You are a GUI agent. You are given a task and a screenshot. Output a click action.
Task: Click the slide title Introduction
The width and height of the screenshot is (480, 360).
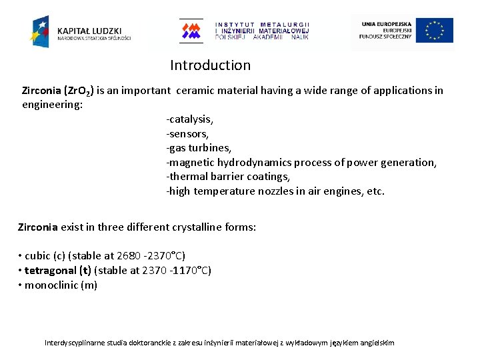tap(210, 65)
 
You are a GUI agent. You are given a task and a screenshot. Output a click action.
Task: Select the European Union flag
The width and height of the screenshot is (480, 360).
tap(435, 31)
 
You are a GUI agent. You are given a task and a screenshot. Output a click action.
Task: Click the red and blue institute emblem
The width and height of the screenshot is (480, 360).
tap(192, 31)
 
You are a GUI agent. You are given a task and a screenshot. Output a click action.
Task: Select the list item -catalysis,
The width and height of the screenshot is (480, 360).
tap(189, 119)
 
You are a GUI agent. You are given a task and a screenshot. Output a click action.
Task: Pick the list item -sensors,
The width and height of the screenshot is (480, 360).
tap(187, 133)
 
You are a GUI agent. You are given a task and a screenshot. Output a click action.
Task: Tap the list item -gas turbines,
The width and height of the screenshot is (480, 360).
tap(199, 148)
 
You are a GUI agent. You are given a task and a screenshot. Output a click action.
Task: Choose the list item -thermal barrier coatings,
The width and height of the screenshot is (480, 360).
tap(228, 177)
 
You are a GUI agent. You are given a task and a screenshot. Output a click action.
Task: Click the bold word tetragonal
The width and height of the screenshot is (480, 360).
tap(51, 271)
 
